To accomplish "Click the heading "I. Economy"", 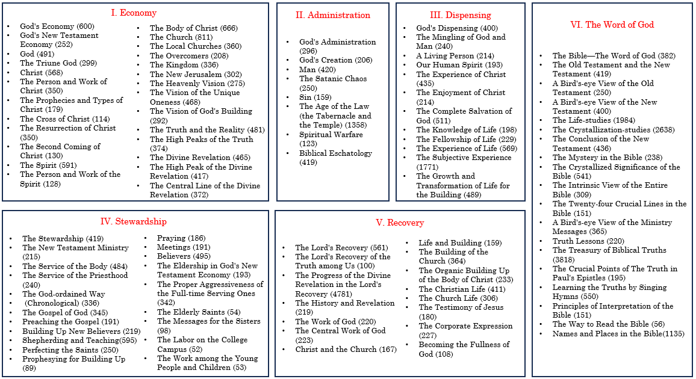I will click(x=134, y=13).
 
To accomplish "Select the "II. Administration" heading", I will click(x=332, y=15).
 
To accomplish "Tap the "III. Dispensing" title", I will click(x=460, y=15).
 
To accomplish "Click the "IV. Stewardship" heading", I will click(x=133, y=221).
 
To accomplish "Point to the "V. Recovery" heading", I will click(x=400, y=223).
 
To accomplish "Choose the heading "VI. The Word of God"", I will click(x=612, y=25).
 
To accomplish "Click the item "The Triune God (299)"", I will click(x=58, y=63).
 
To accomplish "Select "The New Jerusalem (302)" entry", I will click(x=196, y=75).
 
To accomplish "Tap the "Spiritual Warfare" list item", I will click(x=331, y=135).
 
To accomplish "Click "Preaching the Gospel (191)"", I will click(x=70, y=322).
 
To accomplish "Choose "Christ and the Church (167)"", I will click(x=346, y=350).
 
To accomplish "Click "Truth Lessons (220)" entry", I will click(x=588, y=241).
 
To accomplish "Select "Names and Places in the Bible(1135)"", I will click(x=618, y=334).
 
